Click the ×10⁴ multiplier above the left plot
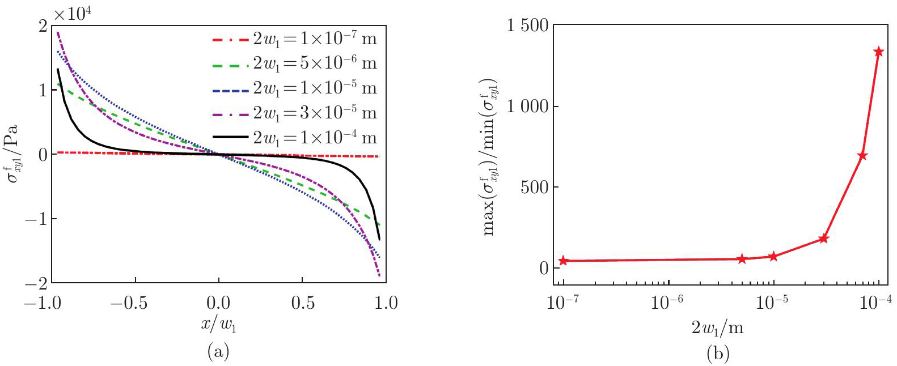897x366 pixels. (x=73, y=14)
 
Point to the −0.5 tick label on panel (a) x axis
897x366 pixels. (x=129, y=303)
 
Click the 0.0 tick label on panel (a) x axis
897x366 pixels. (x=218, y=303)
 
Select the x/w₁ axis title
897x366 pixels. (x=218, y=325)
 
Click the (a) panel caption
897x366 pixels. (x=218, y=352)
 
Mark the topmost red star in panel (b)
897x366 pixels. (x=879, y=52)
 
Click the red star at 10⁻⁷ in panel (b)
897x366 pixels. (x=563, y=261)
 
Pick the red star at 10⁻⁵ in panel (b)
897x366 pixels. (x=773, y=257)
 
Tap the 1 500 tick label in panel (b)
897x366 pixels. (x=527, y=25)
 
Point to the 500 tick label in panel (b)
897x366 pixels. (x=535, y=188)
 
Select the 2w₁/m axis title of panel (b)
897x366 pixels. (x=718, y=327)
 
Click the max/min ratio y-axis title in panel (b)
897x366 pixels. (x=489, y=156)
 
